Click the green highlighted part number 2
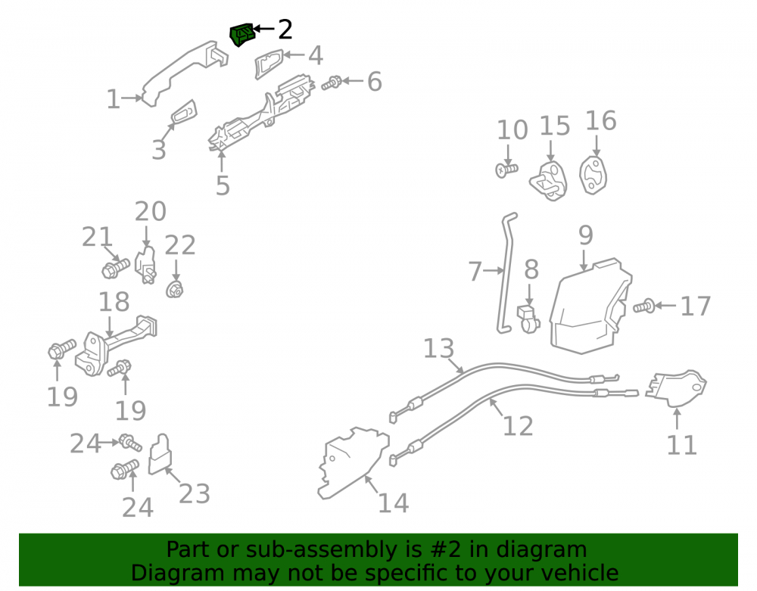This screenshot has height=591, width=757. [x=241, y=34]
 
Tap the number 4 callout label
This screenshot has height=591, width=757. [x=315, y=55]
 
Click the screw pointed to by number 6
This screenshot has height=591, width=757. [x=332, y=82]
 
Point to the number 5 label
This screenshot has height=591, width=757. [x=223, y=185]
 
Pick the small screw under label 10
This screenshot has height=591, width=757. [x=506, y=170]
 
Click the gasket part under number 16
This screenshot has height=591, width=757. [x=593, y=175]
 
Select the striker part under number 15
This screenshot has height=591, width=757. [x=549, y=181]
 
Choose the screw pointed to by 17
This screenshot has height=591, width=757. [x=643, y=306]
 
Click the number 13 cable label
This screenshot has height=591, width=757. [x=439, y=348]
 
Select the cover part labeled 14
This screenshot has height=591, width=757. [x=353, y=463]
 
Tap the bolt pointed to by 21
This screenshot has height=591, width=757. [x=115, y=268]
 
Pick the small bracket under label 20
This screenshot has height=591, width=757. [x=145, y=265]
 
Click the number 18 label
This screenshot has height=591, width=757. [x=114, y=302]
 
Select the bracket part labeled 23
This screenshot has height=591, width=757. [x=160, y=454]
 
